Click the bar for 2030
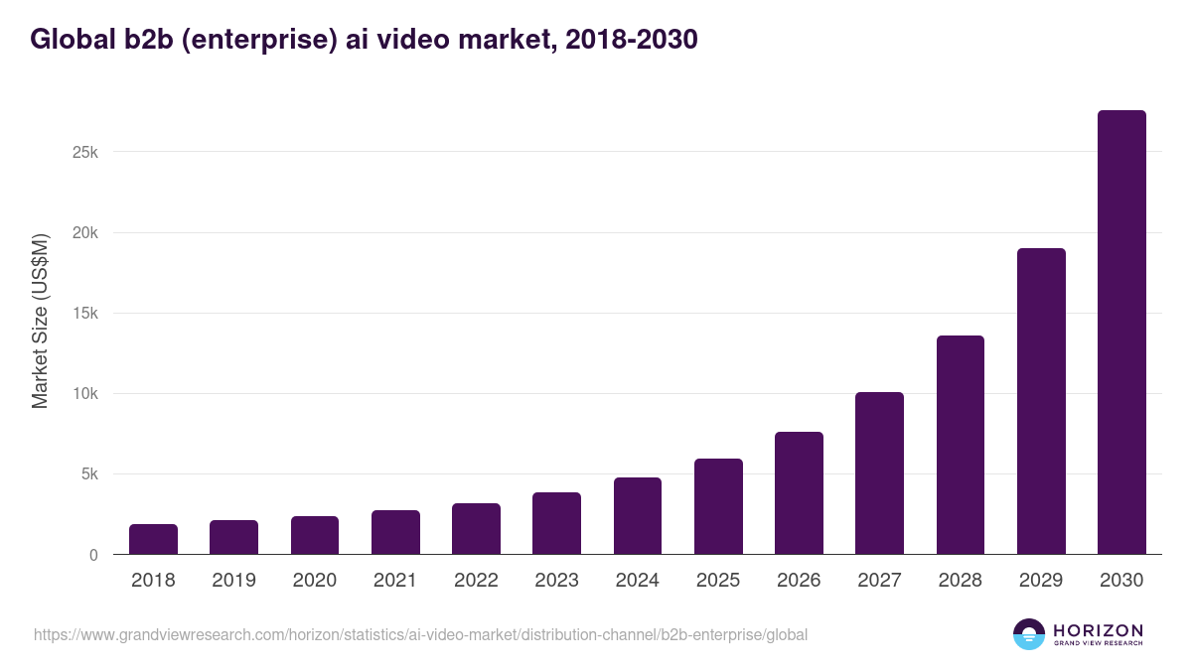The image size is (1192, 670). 1121,333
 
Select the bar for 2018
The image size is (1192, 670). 153,539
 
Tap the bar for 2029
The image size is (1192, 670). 1041,401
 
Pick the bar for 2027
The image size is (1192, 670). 879,473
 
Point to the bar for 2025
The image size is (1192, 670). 718,506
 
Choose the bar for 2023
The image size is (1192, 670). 556,523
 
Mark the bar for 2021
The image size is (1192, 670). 395,532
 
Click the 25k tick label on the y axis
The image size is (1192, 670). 84,153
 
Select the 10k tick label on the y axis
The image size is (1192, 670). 84,394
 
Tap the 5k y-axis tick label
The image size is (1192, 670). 88,474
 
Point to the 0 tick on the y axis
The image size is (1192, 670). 93,555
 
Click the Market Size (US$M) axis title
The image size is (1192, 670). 40,321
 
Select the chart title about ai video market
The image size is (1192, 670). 364,40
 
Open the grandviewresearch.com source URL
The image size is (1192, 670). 420,634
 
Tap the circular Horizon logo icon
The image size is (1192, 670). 1029,634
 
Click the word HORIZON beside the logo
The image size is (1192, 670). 1098,629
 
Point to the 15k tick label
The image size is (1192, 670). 84,314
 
